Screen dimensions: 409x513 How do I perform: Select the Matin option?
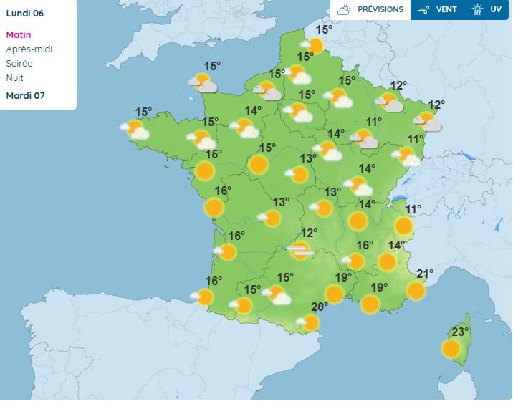pos(19,35)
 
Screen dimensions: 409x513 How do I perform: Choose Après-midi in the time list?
pos(29,49)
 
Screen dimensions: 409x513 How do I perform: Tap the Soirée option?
pos(19,64)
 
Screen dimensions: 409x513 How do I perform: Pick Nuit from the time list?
pos(14,78)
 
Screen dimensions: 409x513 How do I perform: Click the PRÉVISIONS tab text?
pos(380,10)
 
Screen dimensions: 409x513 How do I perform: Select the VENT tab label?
pos(447,10)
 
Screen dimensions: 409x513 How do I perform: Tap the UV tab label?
pos(496,10)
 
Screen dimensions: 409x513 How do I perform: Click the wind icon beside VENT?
pos(423,10)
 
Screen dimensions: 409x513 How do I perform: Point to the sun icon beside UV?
pos(478,10)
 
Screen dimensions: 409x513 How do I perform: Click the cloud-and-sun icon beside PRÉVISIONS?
pos(344,10)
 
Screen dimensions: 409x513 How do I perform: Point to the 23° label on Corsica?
pos(459,332)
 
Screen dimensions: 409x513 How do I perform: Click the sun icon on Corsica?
pos(451,349)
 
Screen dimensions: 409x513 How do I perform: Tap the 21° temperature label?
pos(425,274)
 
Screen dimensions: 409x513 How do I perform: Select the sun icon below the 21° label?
pos(416,290)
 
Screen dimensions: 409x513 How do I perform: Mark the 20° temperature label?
pos(320,307)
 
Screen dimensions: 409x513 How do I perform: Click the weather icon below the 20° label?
pos(310,323)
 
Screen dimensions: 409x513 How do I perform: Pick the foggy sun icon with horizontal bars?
pos(300,250)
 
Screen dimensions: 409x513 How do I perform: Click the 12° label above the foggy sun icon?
pos(309,233)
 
